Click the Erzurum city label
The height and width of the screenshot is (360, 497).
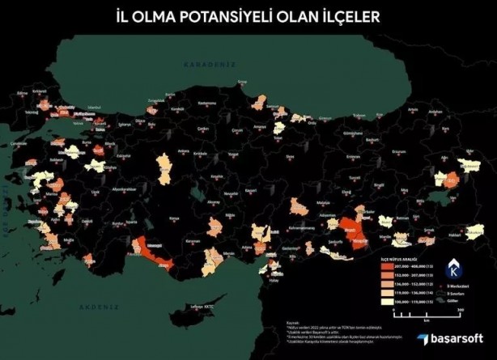pyautogui.click(x=397, y=151)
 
